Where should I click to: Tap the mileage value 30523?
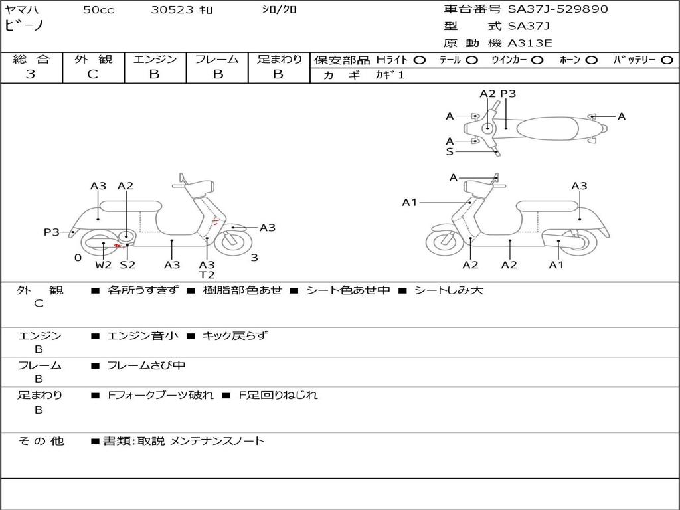[173, 10]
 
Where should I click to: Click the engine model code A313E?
[531, 43]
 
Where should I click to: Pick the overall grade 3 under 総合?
[31, 74]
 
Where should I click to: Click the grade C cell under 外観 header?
[92, 74]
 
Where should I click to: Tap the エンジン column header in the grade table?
[155, 60]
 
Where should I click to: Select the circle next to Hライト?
[419, 60]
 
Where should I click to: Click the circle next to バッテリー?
[667, 60]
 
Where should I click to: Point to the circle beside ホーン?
[591, 60]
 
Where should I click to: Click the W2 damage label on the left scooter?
[104, 265]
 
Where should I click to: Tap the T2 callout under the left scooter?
[207, 275]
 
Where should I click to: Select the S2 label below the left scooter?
[127, 265]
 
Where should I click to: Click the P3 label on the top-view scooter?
[508, 94]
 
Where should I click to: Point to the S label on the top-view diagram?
[450, 151]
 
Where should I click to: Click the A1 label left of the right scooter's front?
[410, 202]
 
